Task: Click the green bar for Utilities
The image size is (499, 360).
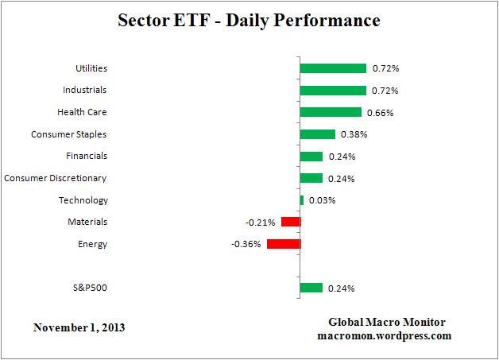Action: (x=333, y=68)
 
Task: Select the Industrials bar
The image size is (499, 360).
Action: (x=333, y=91)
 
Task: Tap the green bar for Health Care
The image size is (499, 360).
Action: (x=331, y=112)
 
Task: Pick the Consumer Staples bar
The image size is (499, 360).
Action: (x=318, y=134)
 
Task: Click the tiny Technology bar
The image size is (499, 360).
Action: (x=302, y=200)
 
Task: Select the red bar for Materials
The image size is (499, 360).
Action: (x=291, y=222)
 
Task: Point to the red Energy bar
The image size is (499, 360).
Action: (x=284, y=244)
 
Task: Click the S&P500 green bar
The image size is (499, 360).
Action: (x=311, y=288)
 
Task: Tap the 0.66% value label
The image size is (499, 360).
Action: (x=380, y=113)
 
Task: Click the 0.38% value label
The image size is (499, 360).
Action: (x=354, y=134)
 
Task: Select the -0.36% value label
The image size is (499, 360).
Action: (x=247, y=244)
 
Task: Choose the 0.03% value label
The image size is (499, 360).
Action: (x=322, y=200)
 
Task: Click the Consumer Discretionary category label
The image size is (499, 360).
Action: (x=56, y=178)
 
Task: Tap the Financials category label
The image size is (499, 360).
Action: (x=87, y=156)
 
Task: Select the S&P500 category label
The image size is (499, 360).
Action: (x=88, y=288)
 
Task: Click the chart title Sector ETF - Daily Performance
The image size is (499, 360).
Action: (x=249, y=20)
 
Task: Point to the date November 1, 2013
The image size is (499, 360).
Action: (x=79, y=327)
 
